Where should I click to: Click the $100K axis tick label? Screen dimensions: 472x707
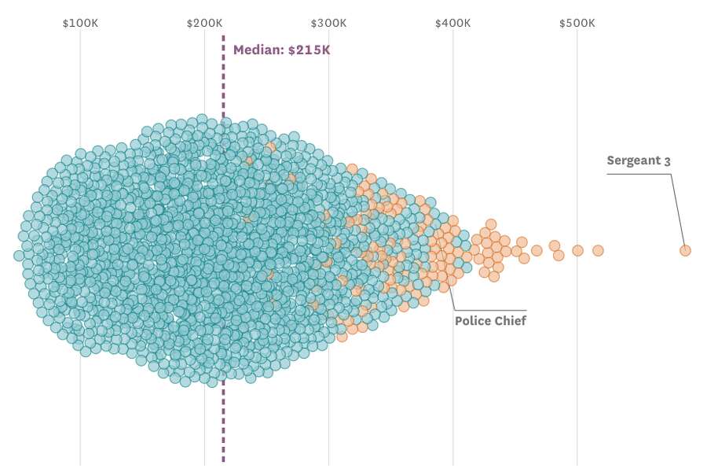coord(80,23)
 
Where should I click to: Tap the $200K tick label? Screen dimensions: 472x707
coord(204,23)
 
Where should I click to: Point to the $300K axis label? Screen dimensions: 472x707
coord(328,23)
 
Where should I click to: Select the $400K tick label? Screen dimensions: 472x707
coord(452,23)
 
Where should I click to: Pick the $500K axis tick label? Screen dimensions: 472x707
coord(577,23)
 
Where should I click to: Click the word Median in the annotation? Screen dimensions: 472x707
coord(258,50)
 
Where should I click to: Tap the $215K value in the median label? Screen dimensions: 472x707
coord(309,50)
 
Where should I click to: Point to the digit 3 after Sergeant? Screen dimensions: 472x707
coord(667,161)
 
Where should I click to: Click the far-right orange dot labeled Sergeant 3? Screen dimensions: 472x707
coord(685,250)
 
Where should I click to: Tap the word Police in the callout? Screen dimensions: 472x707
coord(473,321)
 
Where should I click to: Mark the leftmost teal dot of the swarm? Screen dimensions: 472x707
coord(19,256)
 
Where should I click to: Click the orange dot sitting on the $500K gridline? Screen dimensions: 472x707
coord(577,250)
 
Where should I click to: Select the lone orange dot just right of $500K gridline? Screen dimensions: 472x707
coord(598,250)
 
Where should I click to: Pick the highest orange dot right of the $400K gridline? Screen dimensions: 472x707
coord(491,225)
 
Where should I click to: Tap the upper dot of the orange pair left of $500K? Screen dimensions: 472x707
coord(555,245)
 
